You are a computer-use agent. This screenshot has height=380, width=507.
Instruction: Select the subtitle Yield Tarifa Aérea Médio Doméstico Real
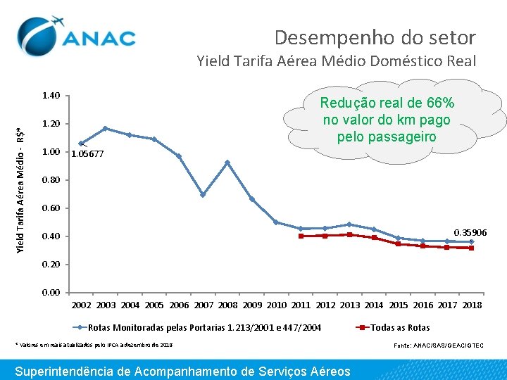point(337,61)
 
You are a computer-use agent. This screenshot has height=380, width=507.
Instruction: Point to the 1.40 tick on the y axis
point(51,96)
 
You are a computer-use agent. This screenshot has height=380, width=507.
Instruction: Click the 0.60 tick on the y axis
point(51,208)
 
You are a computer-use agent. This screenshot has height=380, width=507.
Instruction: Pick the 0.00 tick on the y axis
point(51,293)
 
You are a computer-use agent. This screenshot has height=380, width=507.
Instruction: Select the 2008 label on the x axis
point(227,305)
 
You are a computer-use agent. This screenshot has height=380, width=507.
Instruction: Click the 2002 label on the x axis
point(82,305)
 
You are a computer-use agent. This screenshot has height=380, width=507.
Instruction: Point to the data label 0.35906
point(470,232)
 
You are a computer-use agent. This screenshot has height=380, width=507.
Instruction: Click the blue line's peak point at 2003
point(105,129)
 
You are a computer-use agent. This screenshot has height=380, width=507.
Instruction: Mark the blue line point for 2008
point(227,163)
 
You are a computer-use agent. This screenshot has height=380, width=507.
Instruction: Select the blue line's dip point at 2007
point(203,195)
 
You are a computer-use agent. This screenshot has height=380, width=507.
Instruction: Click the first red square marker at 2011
point(301,236)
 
